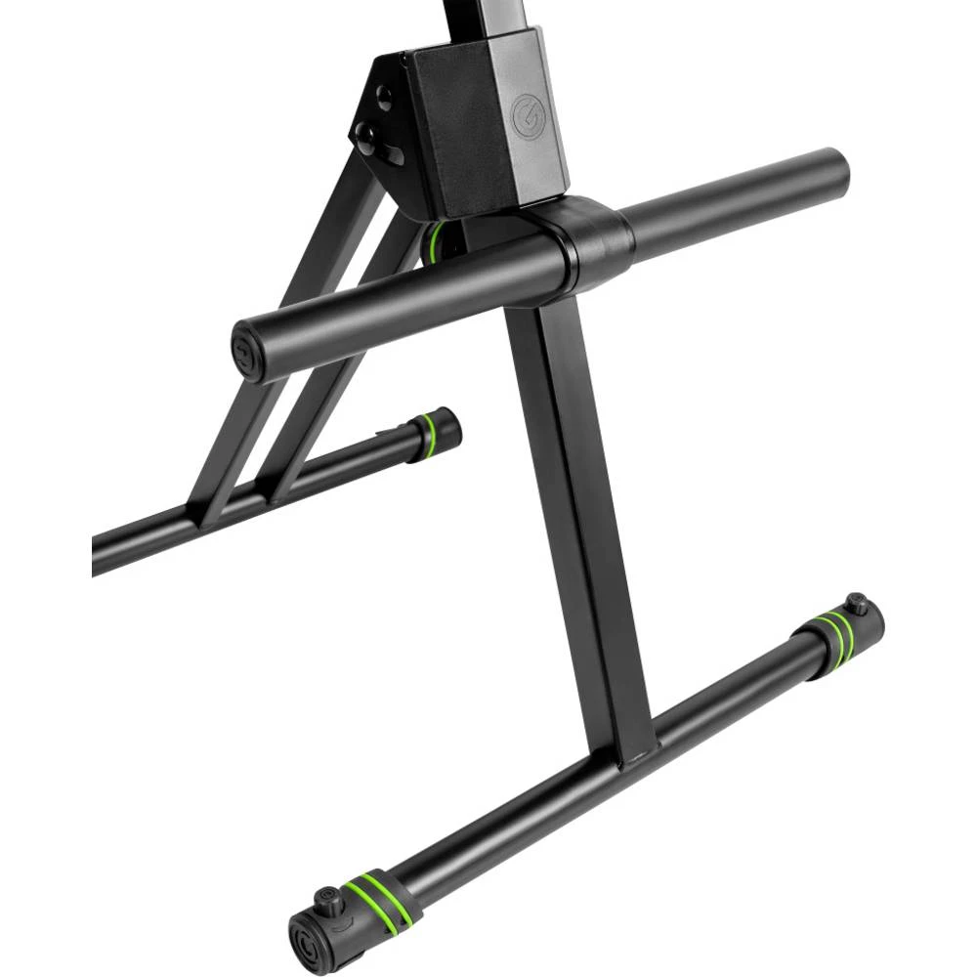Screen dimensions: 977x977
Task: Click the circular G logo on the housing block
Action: pyautogui.click(x=525, y=118)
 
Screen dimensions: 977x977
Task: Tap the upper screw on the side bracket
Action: pyautogui.click(x=384, y=98)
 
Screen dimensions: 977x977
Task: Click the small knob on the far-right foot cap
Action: pyautogui.click(x=857, y=603)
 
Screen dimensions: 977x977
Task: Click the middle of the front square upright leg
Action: pyautogui.click(x=576, y=518)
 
